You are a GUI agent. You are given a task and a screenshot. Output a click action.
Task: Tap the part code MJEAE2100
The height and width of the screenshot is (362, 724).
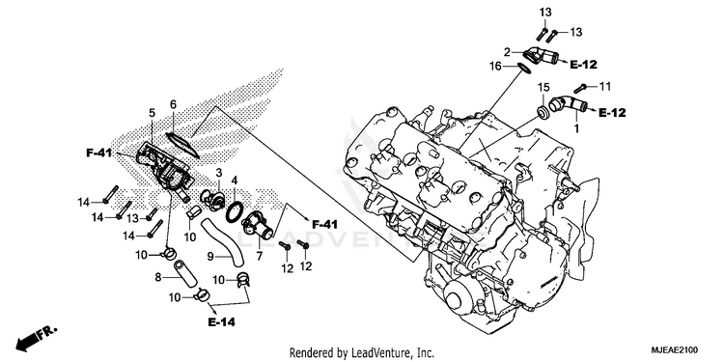[x=675, y=349]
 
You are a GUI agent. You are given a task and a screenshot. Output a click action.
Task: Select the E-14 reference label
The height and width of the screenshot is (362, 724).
[x=221, y=322]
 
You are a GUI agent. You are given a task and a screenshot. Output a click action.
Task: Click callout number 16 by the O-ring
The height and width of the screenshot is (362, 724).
[x=495, y=67]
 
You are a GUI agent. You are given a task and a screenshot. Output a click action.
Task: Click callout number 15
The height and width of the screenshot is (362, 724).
[x=543, y=86]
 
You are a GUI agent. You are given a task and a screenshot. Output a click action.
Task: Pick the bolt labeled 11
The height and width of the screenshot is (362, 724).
[x=580, y=87]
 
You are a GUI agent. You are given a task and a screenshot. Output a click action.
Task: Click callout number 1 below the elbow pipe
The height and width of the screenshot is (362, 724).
[x=575, y=127]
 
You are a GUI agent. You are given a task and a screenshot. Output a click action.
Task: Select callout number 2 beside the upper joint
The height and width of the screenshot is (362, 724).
[x=507, y=52]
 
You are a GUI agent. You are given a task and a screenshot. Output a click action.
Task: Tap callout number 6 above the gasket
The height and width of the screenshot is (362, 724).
[x=173, y=105]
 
